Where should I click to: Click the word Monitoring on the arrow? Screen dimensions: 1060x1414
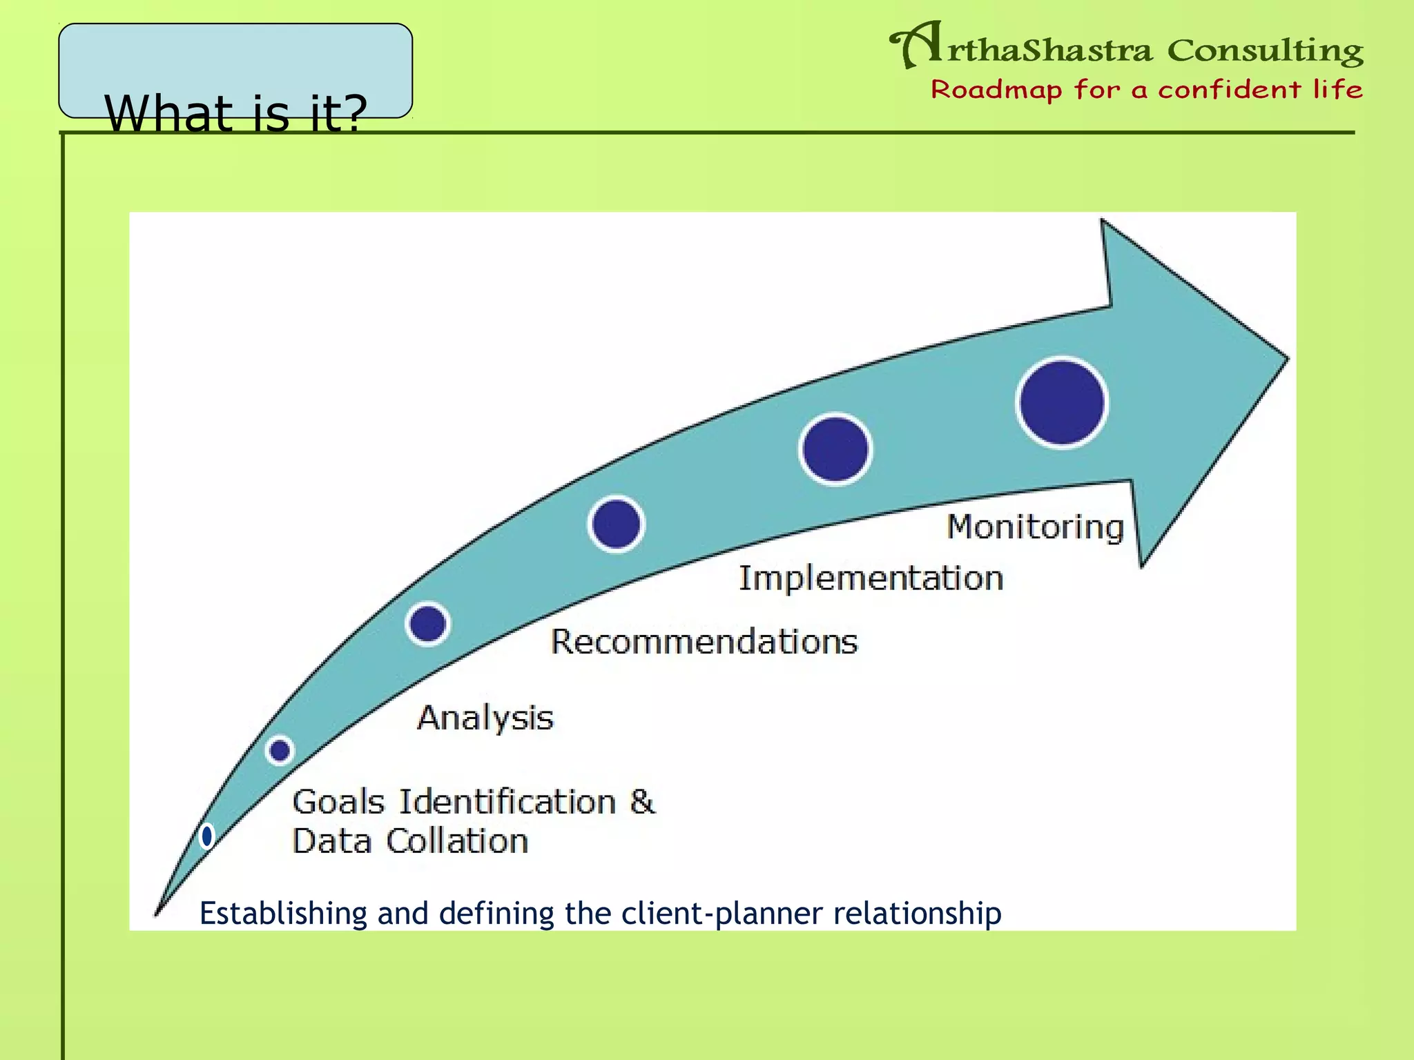1035,528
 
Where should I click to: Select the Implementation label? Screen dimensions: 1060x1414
871,578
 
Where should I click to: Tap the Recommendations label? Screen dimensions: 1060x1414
704,642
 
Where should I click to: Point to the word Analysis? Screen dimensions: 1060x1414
485,718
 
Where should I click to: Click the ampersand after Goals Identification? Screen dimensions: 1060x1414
642,802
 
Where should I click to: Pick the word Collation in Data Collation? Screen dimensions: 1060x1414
457,841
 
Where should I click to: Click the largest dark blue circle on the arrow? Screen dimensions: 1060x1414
1062,403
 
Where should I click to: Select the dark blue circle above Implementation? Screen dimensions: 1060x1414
835,449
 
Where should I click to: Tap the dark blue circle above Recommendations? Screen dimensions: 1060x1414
616,524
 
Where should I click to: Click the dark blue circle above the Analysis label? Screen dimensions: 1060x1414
427,624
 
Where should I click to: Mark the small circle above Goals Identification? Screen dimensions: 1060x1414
280,750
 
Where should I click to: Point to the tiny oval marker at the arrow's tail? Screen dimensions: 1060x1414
206,836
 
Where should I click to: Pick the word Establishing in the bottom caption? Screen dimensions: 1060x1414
283,914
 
